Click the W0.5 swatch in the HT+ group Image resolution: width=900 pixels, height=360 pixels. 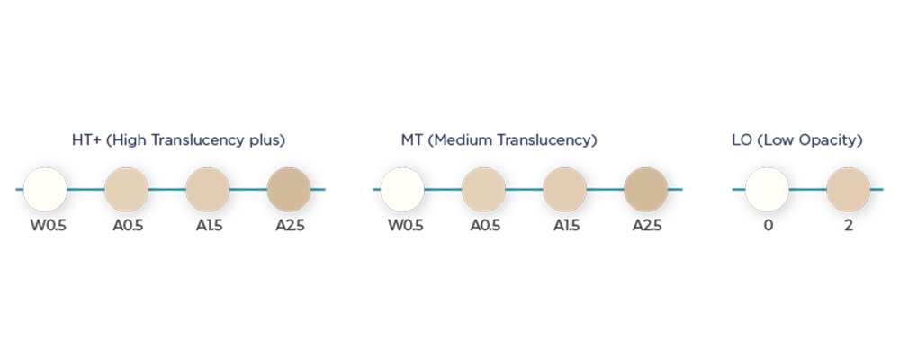pyautogui.click(x=45, y=190)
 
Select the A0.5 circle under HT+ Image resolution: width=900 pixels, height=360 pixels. pyautogui.click(x=126, y=190)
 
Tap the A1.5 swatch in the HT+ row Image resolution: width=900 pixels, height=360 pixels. pyautogui.click(x=208, y=190)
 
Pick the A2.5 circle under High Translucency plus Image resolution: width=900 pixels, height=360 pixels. pyautogui.click(x=289, y=190)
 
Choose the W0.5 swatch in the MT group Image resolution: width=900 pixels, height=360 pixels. pyautogui.click(x=402, y=190)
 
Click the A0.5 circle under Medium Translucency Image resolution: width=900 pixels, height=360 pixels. pyautogui.click(x=484, y=190)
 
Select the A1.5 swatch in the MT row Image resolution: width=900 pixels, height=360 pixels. pyautogui.click(x=565, y=190)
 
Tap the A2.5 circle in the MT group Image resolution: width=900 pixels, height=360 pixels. pyautogui.click(x=645, y=190)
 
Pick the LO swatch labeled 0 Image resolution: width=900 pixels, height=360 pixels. pyautogui.click(x=768, y=190)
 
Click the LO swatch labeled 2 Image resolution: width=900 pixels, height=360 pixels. pyautogui.click(x=849, y=190)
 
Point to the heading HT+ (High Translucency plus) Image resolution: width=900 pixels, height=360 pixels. pyautogui.click(x=178, y=140)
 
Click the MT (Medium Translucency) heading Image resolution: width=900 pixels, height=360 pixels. pyautogui.click(x=499, y=140)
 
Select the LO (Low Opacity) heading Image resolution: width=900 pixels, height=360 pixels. pyautogui.click(x=797, y=140)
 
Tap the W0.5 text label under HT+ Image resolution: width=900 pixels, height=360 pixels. pyautogui.click(x=49, y=226)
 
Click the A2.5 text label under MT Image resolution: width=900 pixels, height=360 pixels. pyautogui.click(x=647, y=226)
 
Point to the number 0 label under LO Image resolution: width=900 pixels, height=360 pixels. pyautogui.click(x=768, y=226)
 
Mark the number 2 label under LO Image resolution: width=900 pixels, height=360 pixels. pyautogui.click(x=849, y=226)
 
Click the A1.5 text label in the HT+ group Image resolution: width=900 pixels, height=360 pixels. pyautogui.click(x=209, y=226)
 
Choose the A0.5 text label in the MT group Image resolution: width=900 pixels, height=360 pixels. pyautogui.click(x=485, y=226)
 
